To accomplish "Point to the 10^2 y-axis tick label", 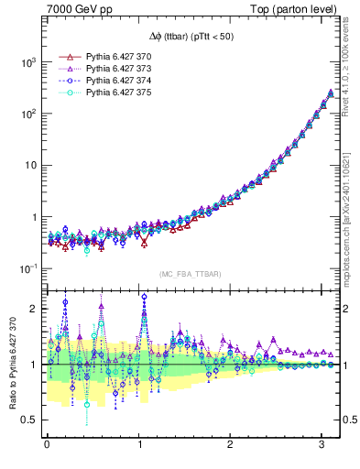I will click(x=27, y=114).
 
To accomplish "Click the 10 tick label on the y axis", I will click(x=29, y=166).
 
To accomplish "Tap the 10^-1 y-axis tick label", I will click(x=27, y=268).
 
